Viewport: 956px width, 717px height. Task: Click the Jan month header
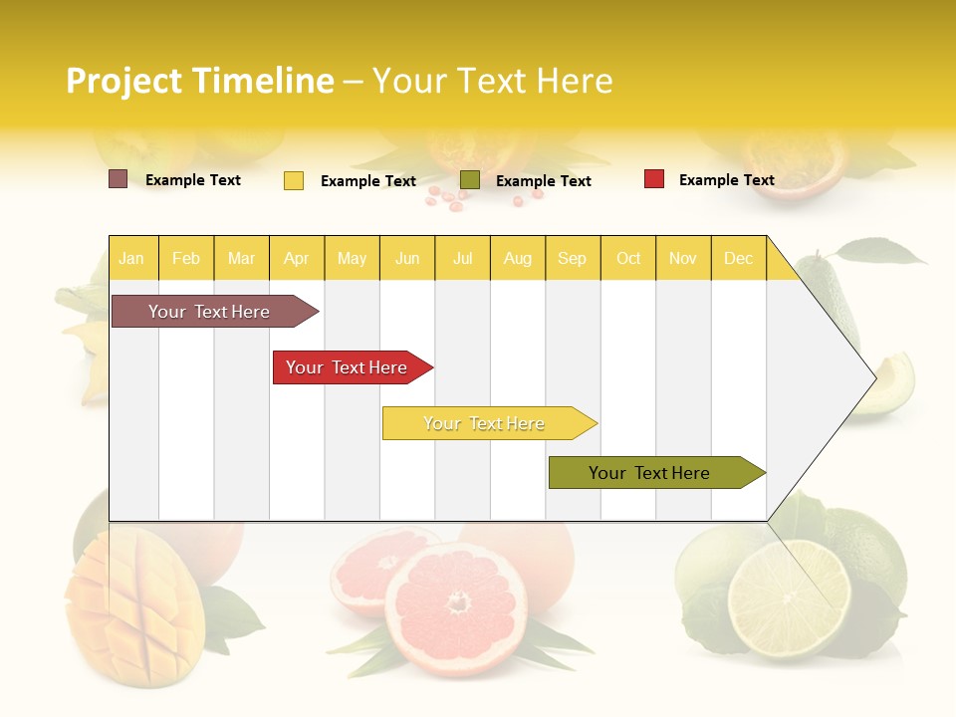[x=131, y=258]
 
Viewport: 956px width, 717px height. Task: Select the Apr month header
[x=297, y=258]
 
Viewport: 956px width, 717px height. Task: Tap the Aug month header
[x=518, y=258]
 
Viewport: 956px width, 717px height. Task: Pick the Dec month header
[x=739, y=258]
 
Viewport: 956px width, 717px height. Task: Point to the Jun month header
[x=407, y=258]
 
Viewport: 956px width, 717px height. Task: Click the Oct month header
[x=628, y=258]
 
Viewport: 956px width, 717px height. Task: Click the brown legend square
[x=118, y=179]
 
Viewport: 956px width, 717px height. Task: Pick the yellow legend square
[x=294, y=180]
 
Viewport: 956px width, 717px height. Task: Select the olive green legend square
[x=470, y=179]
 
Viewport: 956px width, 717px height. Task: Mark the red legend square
[x=654, y=178]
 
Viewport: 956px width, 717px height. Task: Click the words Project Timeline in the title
[x=200, y=81]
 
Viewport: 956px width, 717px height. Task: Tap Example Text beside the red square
[x=727, y=180]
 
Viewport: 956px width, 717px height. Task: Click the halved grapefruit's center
[x=457, y=600]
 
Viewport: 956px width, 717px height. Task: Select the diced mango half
[x=135, y=609]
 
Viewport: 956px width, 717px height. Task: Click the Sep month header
[x=573, y=258]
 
